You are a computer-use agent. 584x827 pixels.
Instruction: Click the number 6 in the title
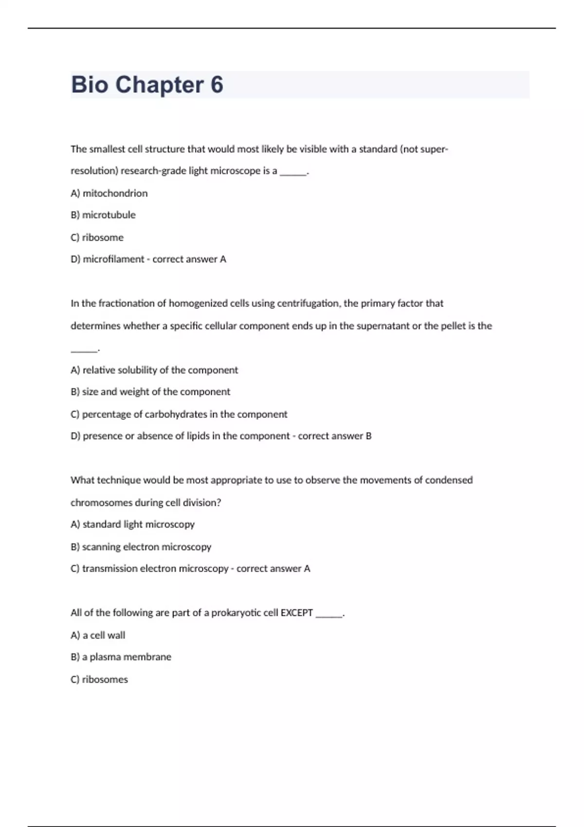(x=217, y=85)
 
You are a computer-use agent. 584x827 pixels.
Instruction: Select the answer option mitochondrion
(x=115, y=193)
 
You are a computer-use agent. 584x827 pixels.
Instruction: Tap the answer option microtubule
(x=109, y=215)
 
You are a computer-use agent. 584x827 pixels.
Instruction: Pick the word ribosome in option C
(x=103, y=237)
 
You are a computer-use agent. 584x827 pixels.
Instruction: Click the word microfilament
(x=113, y=259)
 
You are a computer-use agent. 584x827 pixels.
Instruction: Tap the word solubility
(x=137, y=370)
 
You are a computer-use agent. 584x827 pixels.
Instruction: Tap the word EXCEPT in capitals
(x=296, y=613)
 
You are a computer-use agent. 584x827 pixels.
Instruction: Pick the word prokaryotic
(x=236, y=613)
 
